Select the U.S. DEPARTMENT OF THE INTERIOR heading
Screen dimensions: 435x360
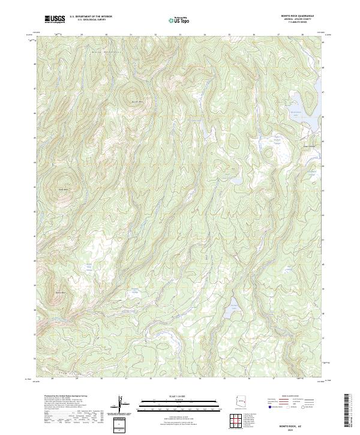tap(90, 17)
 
